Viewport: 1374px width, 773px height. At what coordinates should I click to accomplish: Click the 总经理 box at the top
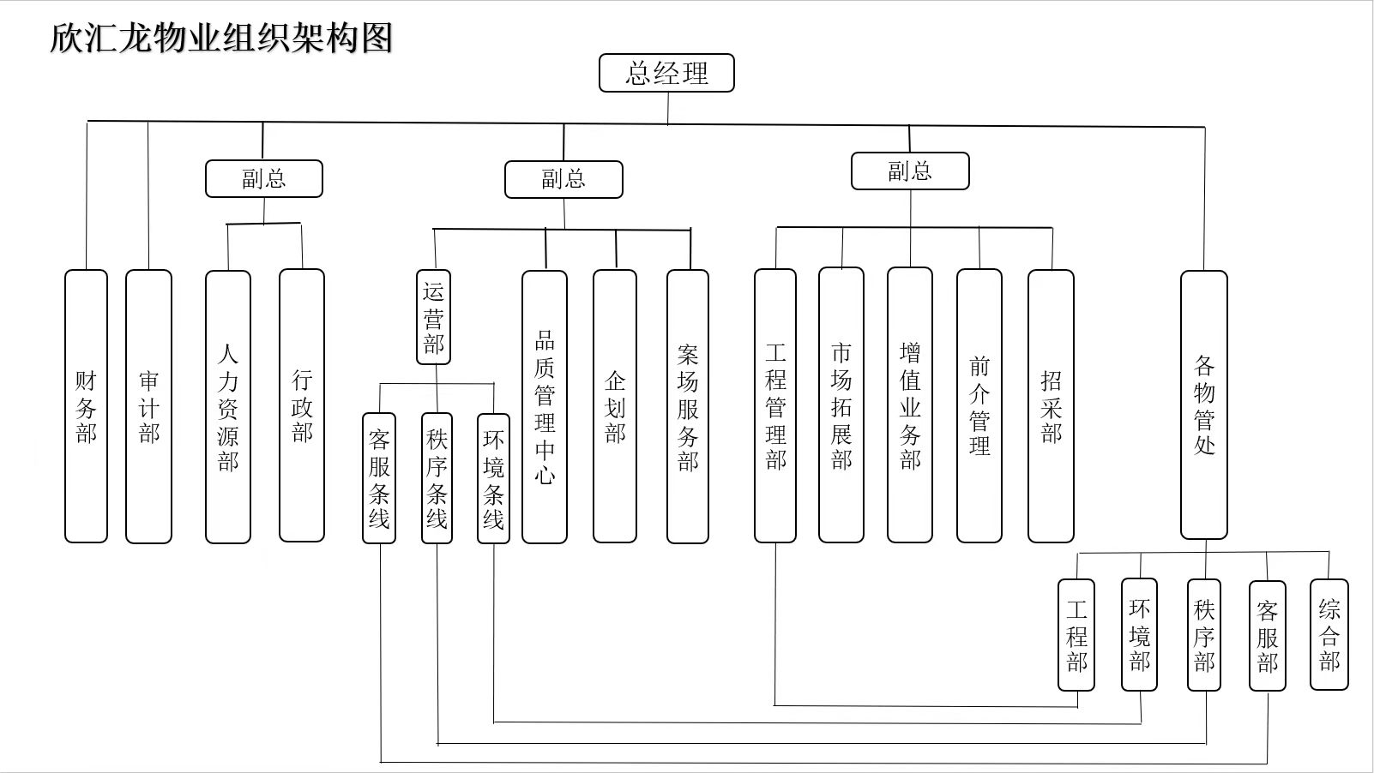pyautogui.click(x=666, y=73)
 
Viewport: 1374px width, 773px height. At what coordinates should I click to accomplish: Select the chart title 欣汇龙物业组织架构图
pyautogui.click(x=221, y=38)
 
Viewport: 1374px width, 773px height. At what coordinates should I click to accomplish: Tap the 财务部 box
pyautogui.click(x=86, y=406)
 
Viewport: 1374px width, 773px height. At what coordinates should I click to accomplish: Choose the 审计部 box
pyautogui.click(x=148, y=406)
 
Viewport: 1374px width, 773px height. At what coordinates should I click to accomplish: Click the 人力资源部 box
pyautogui.click(x=228, y=407)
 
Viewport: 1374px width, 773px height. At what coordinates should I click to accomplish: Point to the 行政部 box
pyautogui.click(x=302, y=405)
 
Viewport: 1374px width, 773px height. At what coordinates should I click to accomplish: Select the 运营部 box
pyautogui.click(x=433, y=317)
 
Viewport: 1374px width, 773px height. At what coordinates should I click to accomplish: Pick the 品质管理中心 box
pyautogui.click(x=545, y=407)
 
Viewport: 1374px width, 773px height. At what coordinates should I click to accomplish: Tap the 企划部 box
pyautogui.click(x=615, y=407)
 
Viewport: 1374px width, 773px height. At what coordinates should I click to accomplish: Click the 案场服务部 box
pyautogui.click(x=688, y=407)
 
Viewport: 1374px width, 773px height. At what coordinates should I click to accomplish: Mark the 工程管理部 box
pyautogui.click(x=775, y=406)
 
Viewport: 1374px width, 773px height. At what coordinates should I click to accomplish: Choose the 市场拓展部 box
pyautogui.click(x=841, y=405)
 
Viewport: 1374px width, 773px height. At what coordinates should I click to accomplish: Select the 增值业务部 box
pyautogui.click(x=910, y=405)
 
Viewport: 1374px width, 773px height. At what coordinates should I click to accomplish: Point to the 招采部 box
pyautogui.click(x=1051, y=406)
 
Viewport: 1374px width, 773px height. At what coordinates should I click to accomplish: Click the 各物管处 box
pyautogui.click(x=1204, y=404)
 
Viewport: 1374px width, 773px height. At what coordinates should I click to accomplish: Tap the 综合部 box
pyautogui.click(x=1329, y=634)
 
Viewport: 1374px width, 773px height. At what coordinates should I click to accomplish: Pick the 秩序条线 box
pyautogui.click(x=437, y=478)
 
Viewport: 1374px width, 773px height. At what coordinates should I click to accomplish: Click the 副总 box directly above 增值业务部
pyautogui.click(x=910, y=171)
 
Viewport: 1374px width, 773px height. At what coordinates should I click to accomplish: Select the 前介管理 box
pyautogui.click(x=979, y=406)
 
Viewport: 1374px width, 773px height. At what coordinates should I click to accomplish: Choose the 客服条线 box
pyautogui.click(x=379, y=478)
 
